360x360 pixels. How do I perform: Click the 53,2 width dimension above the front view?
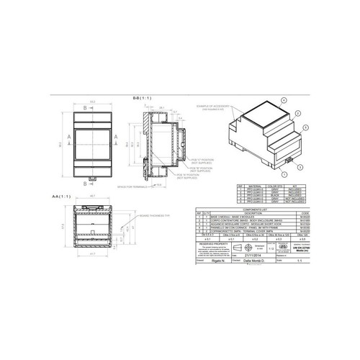pos(93,102)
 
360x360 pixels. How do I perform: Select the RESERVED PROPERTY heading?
pos(214,243)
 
